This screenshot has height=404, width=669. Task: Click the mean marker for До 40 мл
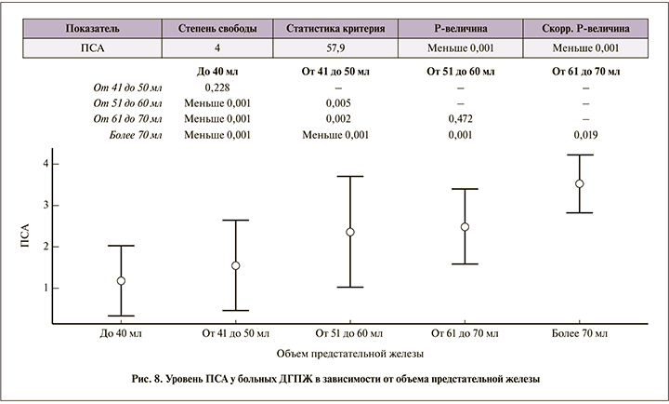point(121,280)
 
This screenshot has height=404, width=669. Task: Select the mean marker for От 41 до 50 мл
point(236,265)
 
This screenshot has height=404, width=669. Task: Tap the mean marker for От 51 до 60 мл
point(350,232)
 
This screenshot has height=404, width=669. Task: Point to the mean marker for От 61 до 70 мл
point(465,226)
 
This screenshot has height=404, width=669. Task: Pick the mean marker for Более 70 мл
point(579,183)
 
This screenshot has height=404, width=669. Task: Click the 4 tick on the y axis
point(55,164)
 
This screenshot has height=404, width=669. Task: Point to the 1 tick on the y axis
point(55,289)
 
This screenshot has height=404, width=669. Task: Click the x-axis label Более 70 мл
point(579,332)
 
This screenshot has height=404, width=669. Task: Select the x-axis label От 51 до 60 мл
point(350,332)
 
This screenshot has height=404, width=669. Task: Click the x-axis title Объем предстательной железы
point(349,354)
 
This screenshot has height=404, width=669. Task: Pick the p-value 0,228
point(216,86)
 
